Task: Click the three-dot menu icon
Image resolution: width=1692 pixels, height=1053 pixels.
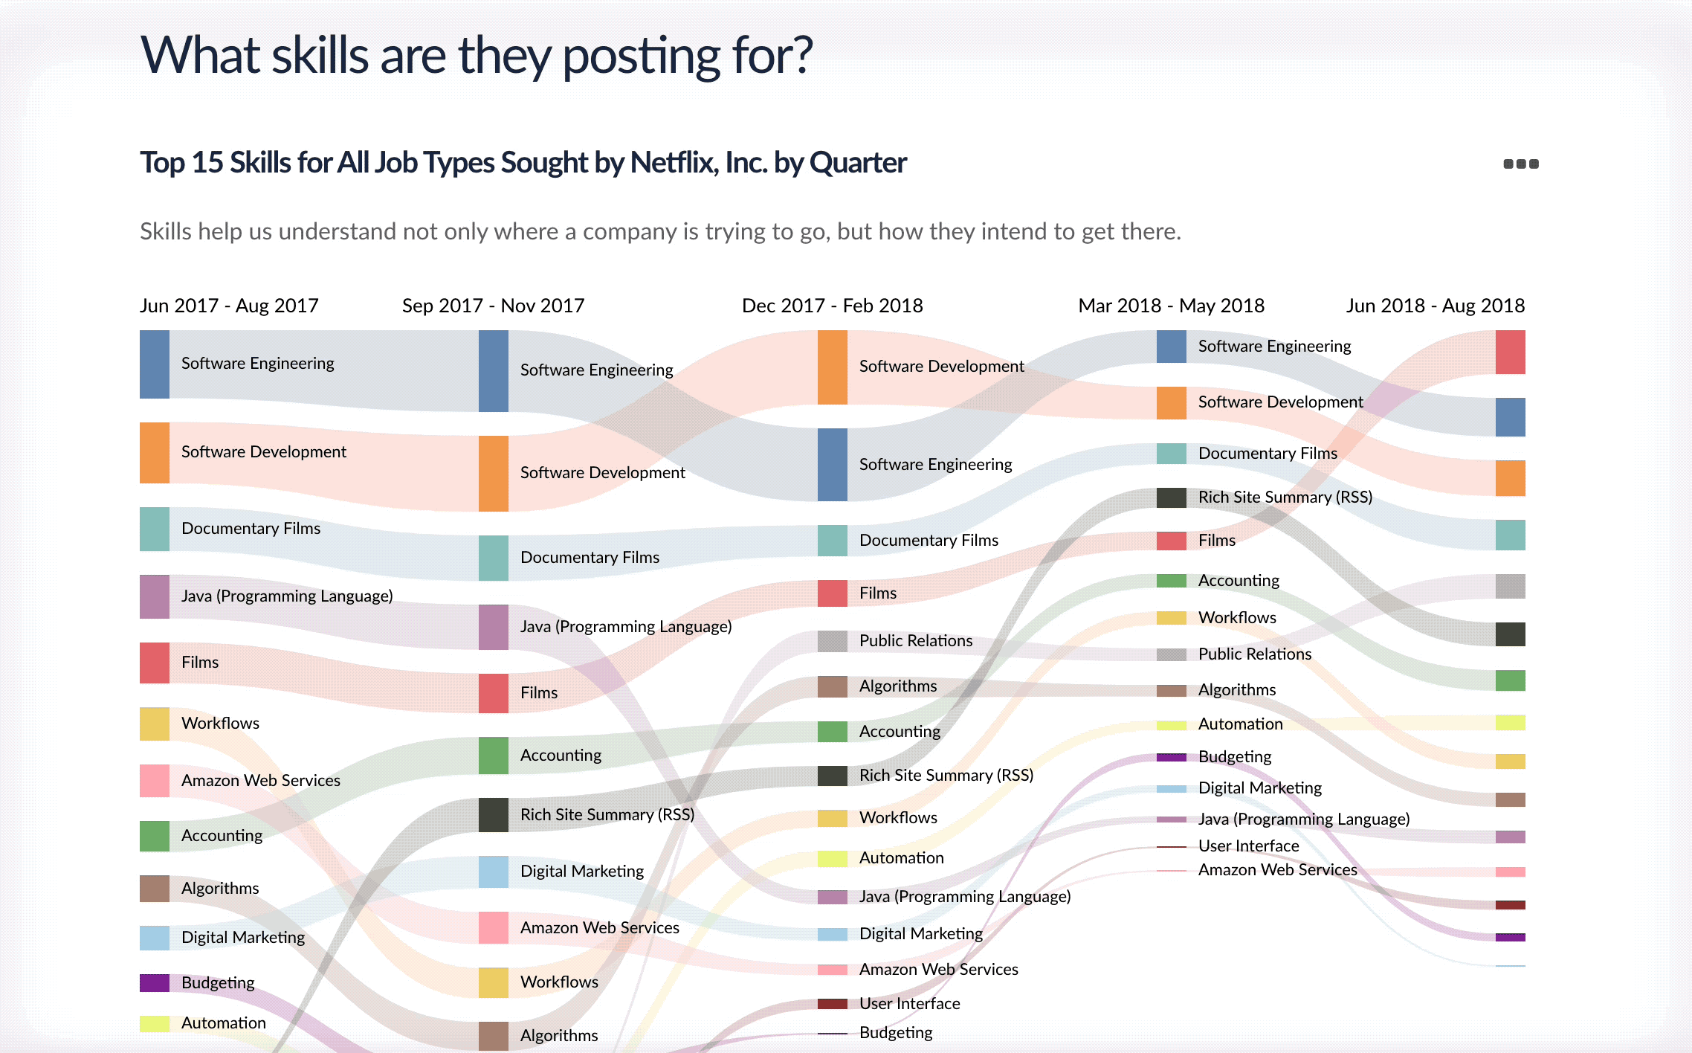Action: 1521,164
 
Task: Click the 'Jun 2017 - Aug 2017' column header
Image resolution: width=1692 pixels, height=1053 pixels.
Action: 229,306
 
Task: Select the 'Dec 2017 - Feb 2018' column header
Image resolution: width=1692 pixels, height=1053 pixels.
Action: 832,306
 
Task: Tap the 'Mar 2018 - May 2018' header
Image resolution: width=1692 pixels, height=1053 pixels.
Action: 1171,306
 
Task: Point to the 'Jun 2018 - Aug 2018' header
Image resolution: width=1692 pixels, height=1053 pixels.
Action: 1435,306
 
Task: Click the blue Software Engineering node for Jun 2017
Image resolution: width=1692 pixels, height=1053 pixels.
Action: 155,364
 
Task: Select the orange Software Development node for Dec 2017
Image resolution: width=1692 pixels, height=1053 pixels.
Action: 833,367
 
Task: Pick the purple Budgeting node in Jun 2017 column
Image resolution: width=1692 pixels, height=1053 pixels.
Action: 155,983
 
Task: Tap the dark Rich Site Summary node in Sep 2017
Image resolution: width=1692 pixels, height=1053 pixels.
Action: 494,815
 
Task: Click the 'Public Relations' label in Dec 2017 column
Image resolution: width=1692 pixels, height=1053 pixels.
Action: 915,641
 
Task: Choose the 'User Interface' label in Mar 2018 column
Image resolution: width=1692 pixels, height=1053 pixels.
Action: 1248,846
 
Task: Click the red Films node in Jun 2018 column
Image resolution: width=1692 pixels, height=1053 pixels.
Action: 1510,352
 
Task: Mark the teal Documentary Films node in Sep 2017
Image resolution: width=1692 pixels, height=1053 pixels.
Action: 494,558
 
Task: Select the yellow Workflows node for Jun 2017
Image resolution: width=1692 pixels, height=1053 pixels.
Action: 155,724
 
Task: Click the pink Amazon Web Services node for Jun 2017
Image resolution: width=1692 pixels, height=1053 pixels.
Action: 155,781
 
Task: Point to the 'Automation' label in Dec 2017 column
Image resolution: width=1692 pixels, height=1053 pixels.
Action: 901,858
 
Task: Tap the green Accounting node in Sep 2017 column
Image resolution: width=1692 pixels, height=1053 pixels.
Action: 494,756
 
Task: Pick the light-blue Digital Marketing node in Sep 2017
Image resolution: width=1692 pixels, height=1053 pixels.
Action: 494,872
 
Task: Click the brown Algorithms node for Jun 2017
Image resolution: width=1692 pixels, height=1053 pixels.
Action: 155,889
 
